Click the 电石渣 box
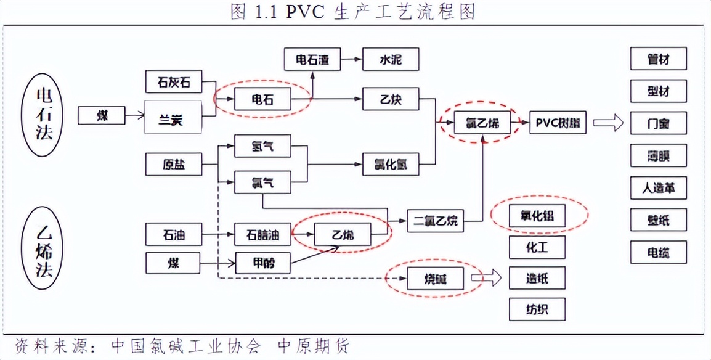point(312,60)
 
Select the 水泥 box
point(391,60)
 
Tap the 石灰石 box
point(173,83)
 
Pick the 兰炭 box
point(173,117)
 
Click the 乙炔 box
point(391,99)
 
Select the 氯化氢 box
point(391,165)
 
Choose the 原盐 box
point(173,165)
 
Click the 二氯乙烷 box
point(435,220)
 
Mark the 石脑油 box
point(262,235)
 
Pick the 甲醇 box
point(262,264)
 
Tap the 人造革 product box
point(658,187)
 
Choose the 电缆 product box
point(658,252)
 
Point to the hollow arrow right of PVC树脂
point(608,123)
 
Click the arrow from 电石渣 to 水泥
point(351,60)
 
